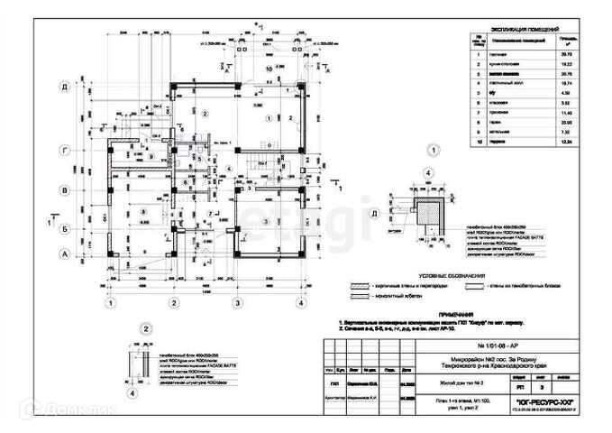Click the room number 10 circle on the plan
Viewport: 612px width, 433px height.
pos(269,68)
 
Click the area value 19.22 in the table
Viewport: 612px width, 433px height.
pos(567,66)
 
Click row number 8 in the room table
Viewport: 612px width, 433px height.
pos(475,121)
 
